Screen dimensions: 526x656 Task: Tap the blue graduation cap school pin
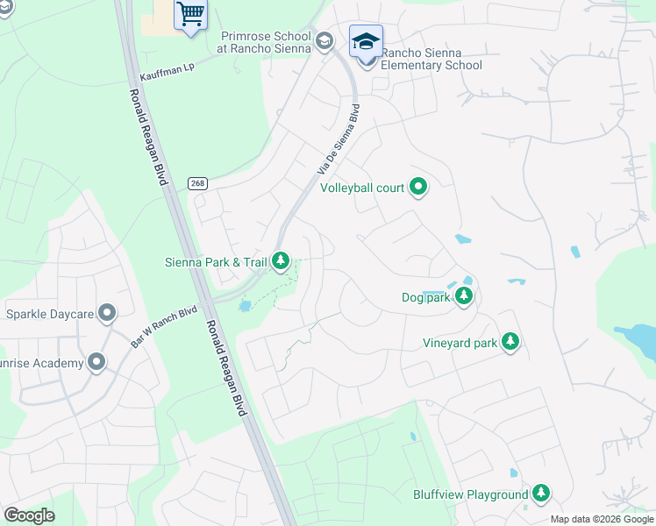pos(366,40)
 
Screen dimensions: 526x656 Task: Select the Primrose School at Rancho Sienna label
pos(265,42)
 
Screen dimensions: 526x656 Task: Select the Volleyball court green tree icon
pos(419,187)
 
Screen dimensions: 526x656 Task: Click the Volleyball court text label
pos(362,188)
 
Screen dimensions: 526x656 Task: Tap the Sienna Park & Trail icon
pos(281,260)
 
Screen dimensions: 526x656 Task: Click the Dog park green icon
pos(464,297)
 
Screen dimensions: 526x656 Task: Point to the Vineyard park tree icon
pos(510,342)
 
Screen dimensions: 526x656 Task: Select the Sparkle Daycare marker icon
pos(107,313)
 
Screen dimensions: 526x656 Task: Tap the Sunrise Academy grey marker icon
pos(96,362)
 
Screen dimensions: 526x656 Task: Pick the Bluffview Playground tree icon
pos(542,494)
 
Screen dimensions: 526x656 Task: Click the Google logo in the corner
pos(29,515)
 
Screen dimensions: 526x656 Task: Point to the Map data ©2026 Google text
pos(601,519)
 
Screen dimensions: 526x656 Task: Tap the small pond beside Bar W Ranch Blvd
pos(245,305)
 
